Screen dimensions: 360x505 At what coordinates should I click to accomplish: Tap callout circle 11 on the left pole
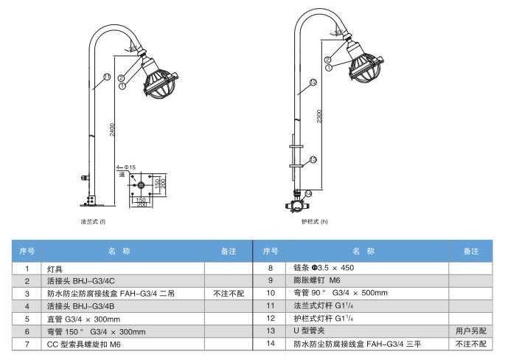pyautogui.click(x=106, y=77)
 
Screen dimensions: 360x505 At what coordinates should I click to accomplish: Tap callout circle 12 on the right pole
pyautogui.click(x=313, y=83)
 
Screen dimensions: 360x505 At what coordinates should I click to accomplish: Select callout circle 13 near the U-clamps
pyautogui.click(x=313, y=159)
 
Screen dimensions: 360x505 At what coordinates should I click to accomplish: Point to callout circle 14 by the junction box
pyautogui.click(x=308, y=193)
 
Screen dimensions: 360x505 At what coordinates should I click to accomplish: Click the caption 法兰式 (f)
pyautogui.click(x=94, y=221)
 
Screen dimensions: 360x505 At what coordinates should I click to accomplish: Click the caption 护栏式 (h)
pyautogui.click(x=314, y=221)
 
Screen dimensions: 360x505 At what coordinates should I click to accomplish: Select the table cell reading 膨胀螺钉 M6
pyautogui.click(x=317, y=281)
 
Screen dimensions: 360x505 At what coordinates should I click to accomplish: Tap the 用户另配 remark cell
pyautogui.click(x=471, y=332)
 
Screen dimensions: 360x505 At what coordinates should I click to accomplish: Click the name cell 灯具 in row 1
pyautogui.click(x=55, y=269)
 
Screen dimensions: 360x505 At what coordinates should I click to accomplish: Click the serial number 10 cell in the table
pyautogui.click(x=271, y=294)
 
